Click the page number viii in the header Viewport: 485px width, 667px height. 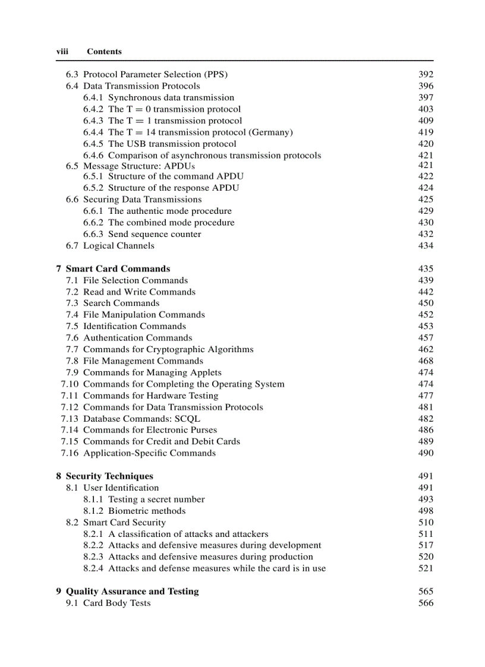coord(62,52)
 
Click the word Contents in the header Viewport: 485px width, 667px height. coord(104,52)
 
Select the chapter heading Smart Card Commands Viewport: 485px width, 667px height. coord(118,268)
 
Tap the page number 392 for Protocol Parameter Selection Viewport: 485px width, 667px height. coord(426,74)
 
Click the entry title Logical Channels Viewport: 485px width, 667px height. coord(118,245)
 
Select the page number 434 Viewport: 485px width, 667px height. coord(426,245)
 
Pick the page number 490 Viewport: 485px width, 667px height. coord(426,453)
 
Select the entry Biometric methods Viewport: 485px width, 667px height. coord(147,511)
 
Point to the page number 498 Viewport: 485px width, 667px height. coord(426,511)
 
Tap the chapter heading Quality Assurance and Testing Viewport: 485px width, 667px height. coord(132,591)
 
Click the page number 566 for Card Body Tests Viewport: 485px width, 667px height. coord(426,603)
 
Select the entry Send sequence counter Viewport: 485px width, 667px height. coord(155,234)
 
